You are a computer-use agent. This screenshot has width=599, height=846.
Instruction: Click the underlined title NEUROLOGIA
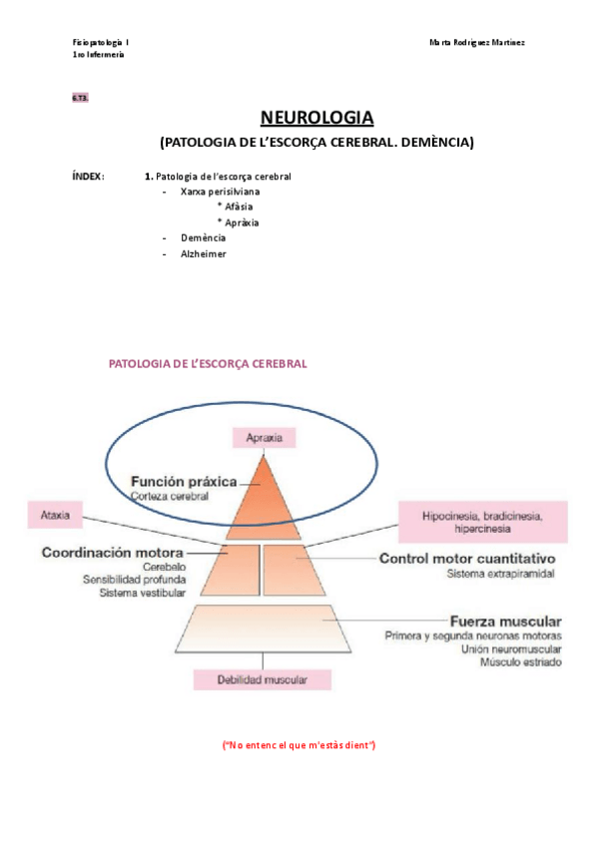tap(316, 118)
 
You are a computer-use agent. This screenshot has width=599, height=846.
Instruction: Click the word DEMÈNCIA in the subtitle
tap(433, 143)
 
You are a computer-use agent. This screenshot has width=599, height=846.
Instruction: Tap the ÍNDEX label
tap(88, 177)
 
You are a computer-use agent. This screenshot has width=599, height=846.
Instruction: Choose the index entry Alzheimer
tap(204, 254)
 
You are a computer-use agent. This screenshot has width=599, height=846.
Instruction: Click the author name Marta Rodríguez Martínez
tap(477, 42)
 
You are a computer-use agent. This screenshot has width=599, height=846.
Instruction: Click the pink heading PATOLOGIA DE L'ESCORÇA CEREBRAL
tap(207, 365)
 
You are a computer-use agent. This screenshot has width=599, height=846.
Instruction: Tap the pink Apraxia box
tap(265, 437)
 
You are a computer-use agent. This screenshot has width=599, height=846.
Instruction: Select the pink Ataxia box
tap(55, 517)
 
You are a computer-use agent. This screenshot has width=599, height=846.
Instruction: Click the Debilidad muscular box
tap(263, 680)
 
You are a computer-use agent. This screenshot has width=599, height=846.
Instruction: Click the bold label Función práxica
tap(183, 482)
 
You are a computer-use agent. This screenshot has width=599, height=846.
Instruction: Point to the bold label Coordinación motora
tap(112, 552)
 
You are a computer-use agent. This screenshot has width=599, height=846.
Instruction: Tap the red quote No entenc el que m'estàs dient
tap(299, 745)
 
